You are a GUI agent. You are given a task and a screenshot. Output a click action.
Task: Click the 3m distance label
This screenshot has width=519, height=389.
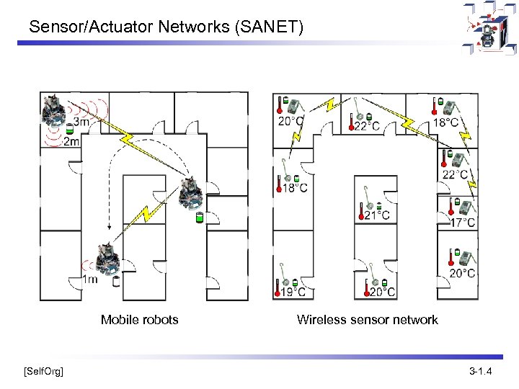(81, 122)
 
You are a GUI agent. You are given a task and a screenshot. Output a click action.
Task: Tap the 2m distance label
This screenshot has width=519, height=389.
(72, 141)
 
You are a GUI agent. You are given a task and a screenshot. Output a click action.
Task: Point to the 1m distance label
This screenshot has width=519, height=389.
(90, 280)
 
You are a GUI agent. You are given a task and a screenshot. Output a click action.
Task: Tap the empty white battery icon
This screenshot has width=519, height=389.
(116, 281)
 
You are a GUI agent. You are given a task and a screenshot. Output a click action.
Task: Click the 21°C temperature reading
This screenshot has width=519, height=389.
(377, 215)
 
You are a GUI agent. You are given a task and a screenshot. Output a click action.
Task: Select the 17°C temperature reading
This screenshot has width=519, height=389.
(462, 223)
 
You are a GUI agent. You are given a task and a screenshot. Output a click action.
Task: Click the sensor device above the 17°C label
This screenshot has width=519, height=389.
(466, 207)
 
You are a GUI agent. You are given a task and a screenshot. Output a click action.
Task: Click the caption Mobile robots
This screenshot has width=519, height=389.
(139, 320)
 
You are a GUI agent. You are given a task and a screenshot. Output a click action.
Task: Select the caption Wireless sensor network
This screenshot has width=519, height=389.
(367, 320)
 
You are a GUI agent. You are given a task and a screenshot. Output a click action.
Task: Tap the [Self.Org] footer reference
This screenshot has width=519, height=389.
(43, 372)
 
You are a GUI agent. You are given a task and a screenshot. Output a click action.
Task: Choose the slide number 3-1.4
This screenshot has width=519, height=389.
(480, 372)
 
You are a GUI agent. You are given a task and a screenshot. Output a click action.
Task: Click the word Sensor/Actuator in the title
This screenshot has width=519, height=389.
(78, 28)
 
